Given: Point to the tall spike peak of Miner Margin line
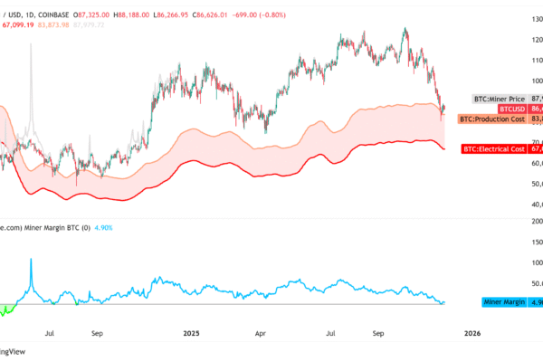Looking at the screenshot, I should tap(32, 260).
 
